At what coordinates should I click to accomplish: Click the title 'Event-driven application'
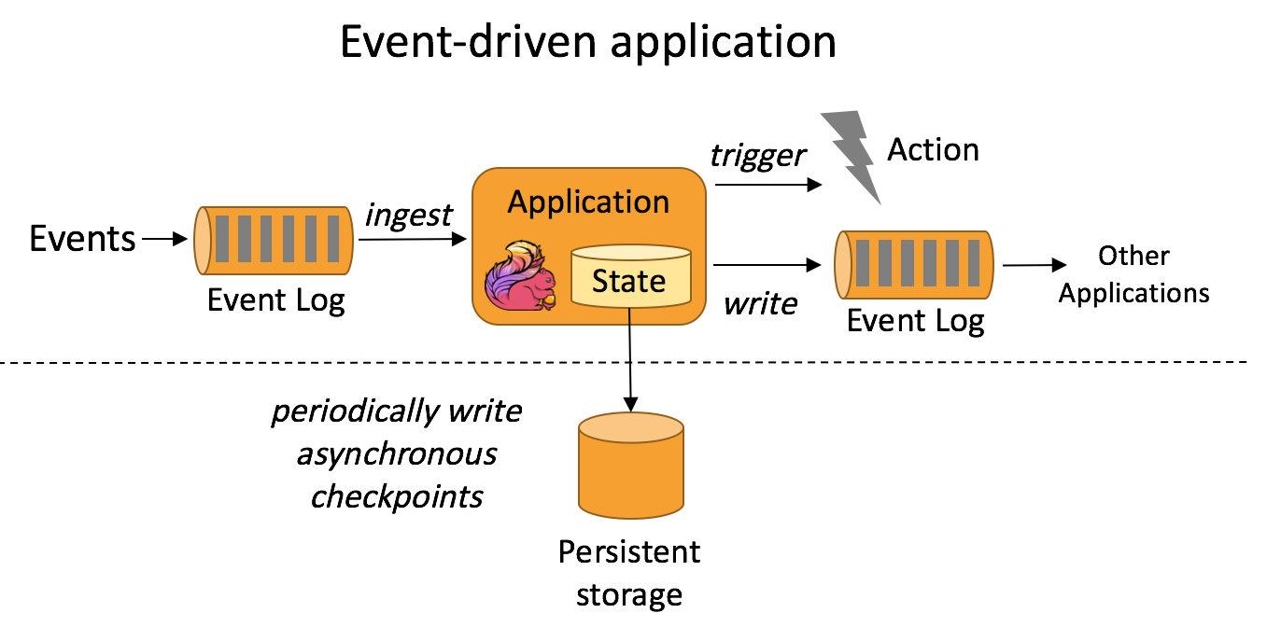[x=587, y=43]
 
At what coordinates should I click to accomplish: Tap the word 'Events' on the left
[x=82, y=239]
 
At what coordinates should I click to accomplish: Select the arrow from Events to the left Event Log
[x=164, y=240]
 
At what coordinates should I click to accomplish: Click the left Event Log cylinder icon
[x=274, y=240]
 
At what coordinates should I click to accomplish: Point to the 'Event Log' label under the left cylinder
[x=275, y=300]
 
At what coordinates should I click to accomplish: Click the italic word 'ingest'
[x=409, y=216]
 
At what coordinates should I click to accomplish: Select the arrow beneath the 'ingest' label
[x=411, y=240]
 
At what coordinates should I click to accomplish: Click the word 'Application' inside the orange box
[x=588, y=202]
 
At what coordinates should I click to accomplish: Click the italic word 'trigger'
[x=757, y=155]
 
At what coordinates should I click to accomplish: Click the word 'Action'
[x=933, y=149]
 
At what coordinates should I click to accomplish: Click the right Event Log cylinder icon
[x=913, y=265]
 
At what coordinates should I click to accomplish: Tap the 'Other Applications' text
[x=1133, y=274]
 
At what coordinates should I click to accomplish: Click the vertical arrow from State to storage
[x=630, y=359]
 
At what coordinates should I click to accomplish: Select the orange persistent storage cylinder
[x=630, y=467]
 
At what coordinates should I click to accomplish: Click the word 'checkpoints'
[x=397, y=495]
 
